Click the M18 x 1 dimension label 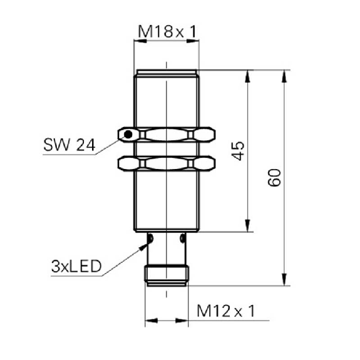(167, 32)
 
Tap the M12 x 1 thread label (226, 311)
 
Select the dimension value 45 (238, 151)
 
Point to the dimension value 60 (274, 177)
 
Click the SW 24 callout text (69, 145)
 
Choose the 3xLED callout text (76, 266)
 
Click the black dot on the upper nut (128, 135)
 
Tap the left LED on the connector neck (150, 239)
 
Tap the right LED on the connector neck (183, 239)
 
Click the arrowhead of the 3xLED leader (144, 246)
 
